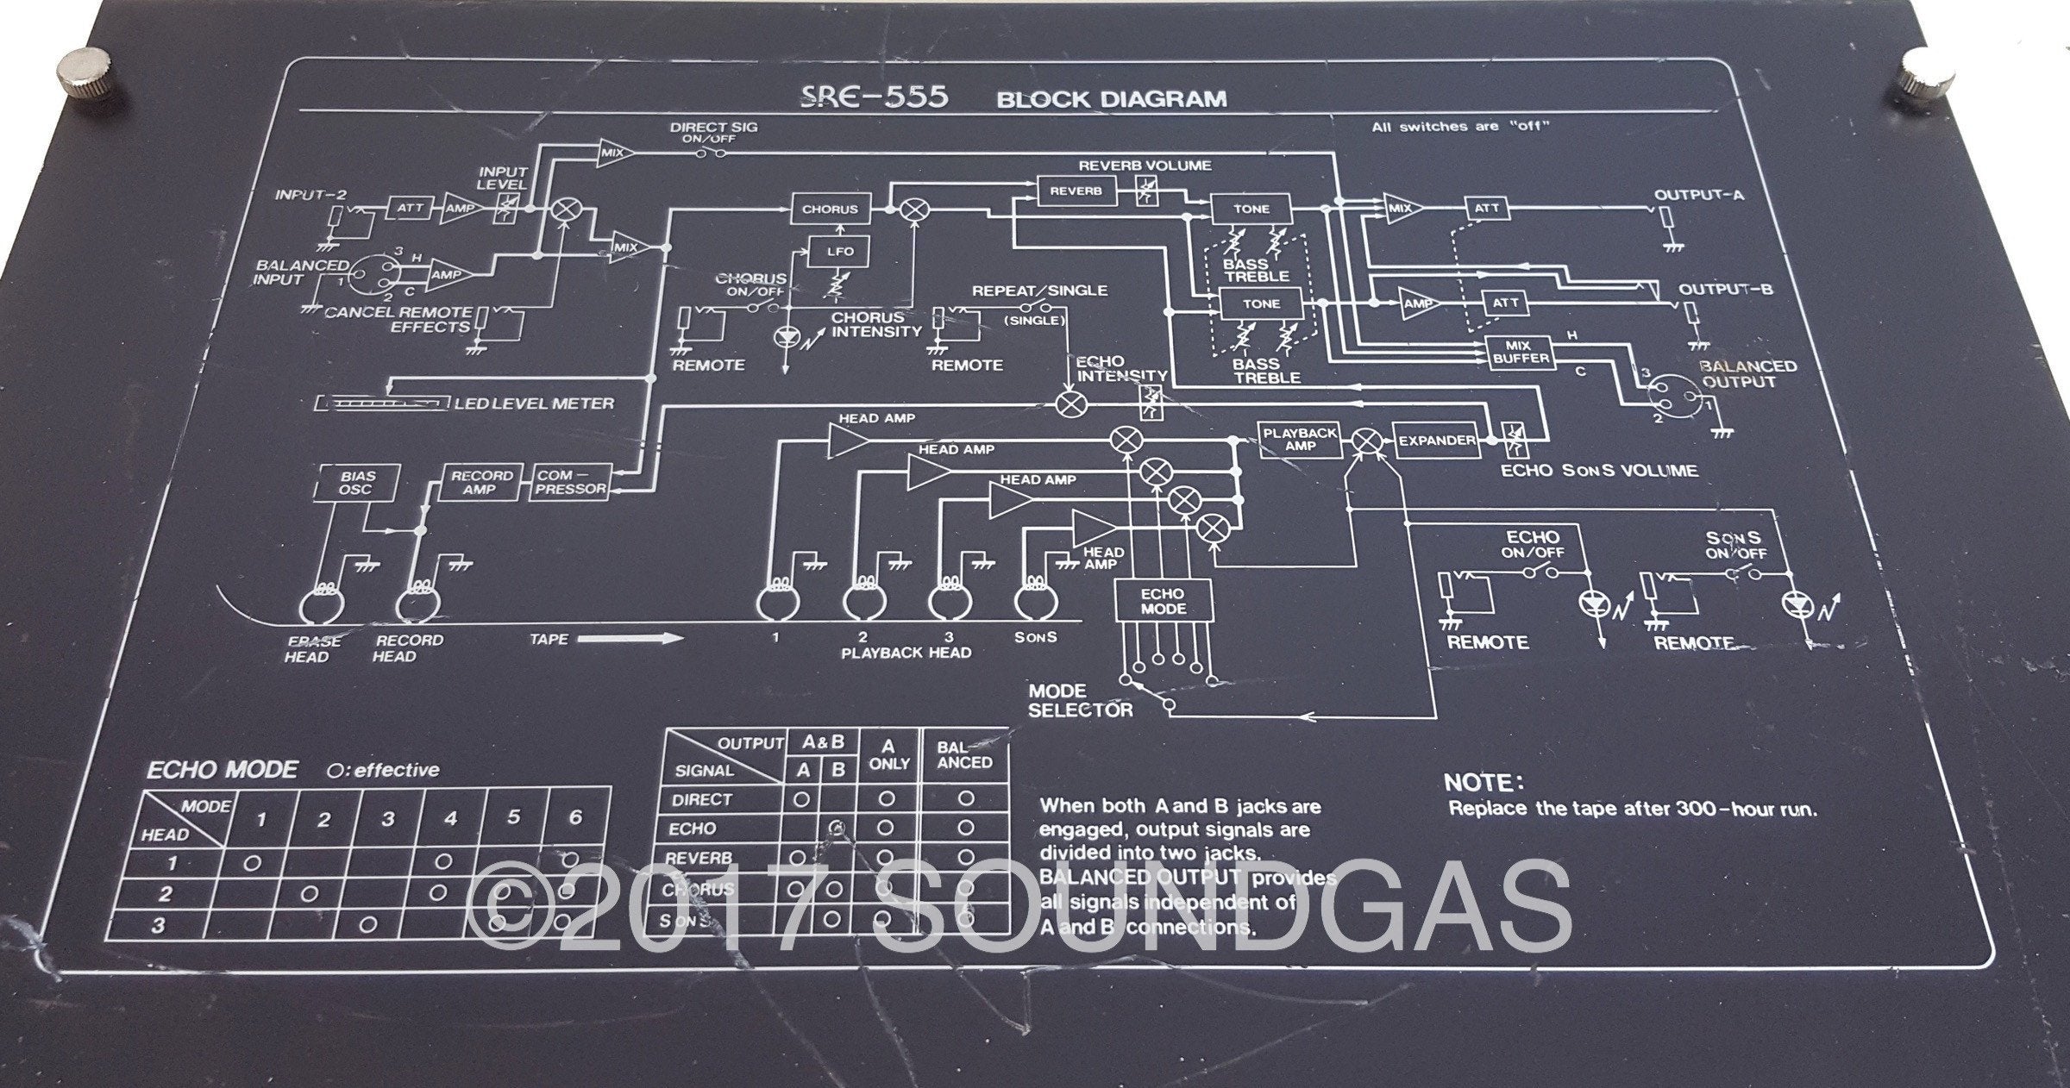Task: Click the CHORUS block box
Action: (x=831, y=209)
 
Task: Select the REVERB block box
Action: (x=1075, y=191)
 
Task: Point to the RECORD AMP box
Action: (x=481, y=482)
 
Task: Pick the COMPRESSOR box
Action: (x=572, y=482)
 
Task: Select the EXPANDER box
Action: (x=1436, y=441)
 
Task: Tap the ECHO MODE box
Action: (x=1163, y=601)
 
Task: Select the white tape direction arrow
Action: (x=630, y=640)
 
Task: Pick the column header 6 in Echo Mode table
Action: (x=576, y=818)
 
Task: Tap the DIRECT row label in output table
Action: (x=702, y=799)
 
